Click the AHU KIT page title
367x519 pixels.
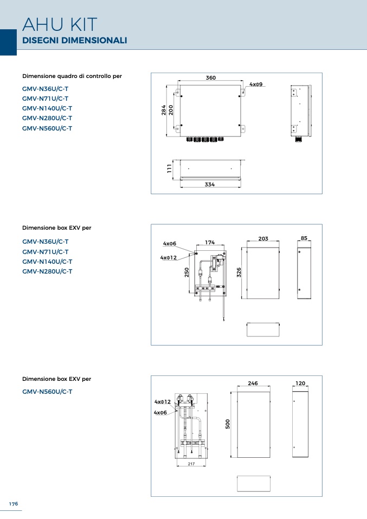(60, 24)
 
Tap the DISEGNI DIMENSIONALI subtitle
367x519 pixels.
(74, 41)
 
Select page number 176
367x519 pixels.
(14, 504)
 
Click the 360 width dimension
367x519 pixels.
(211, 78)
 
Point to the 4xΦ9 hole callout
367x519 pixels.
(256, 85)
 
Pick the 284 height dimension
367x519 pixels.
(164, 110)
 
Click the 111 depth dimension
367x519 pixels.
(170, 168)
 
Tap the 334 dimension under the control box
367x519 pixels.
(210, 184)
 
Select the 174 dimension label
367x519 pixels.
(210, 243)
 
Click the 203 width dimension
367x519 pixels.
(263, 239)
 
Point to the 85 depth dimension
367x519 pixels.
(304, 238)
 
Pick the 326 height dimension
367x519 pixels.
(239, 273)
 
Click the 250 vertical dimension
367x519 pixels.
(187, 273)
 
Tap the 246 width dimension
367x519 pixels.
(253, 383)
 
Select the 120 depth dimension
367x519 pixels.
(300, 383)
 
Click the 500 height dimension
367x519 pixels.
(228, 424)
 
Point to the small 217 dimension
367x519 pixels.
(191, 464)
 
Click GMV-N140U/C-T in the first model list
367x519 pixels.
(47, 108)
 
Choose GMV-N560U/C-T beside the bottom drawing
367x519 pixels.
(47, 392)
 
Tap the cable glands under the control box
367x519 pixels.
(205, 139)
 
